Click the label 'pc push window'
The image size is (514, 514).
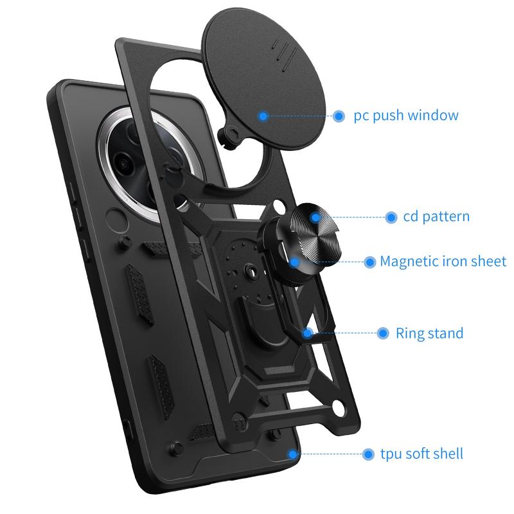406,116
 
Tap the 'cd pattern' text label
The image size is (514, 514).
436,217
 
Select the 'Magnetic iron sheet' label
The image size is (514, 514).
443,261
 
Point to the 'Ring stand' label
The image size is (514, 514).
429,333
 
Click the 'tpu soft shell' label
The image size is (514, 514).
421,454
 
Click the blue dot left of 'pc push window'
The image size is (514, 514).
339,116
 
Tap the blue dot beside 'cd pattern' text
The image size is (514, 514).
391,217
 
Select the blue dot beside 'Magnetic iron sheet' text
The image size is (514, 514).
370,262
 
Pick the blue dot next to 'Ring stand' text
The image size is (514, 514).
382,333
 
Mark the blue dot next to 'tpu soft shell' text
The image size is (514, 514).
368,454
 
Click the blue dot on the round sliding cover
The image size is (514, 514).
263,116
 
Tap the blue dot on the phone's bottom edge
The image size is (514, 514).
292,454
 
